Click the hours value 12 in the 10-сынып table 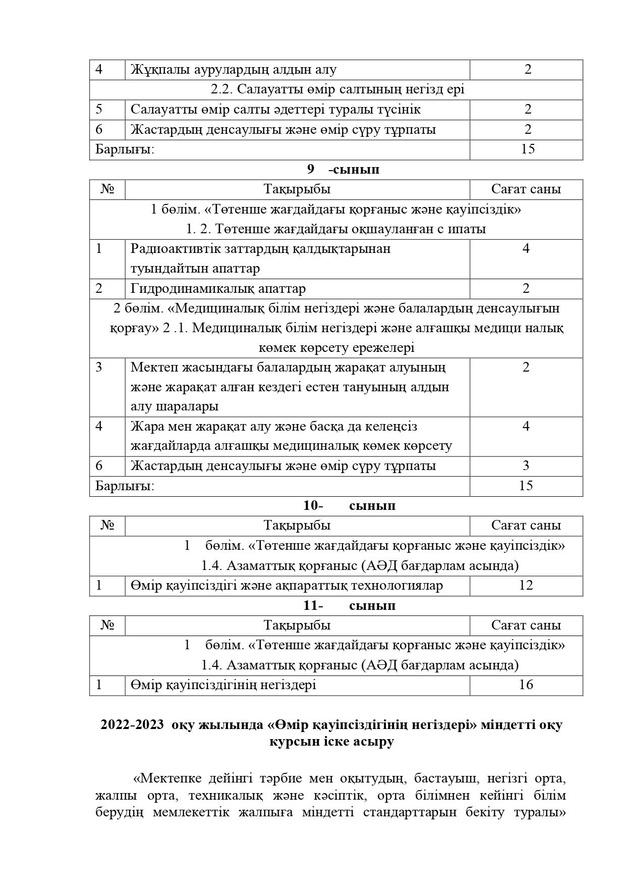(526, 585)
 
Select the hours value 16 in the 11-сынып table (526, 685)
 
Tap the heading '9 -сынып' (343, 170)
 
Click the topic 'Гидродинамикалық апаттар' (218, 289)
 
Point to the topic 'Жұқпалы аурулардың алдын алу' (234, 70)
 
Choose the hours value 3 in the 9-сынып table (526, 465)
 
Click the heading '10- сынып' (349, 505)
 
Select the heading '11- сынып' (349, 605)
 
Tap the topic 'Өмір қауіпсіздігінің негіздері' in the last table (223, 685)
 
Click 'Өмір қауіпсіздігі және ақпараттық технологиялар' (287, 585)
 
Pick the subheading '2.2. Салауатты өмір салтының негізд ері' (337, 89)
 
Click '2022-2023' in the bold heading (132, 724)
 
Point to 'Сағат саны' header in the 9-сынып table (526, 189)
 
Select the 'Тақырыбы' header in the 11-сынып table (297, 625)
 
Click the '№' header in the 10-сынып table (107, 526)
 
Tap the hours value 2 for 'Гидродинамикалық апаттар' (526, 289)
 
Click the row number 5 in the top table (99, 110)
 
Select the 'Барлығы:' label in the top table (125, 149)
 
